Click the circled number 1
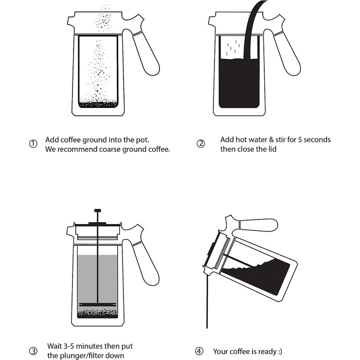pyautogui.click(x=33, y=144)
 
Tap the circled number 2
pyautogui.click(x=201, y=143)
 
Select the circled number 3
pyautogui.click(x=33, y=351)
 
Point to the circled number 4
pyautogui.click(x=199, y=351)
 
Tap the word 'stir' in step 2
pyautogui.click(x=280, y=139)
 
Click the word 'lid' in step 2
pyautogui.click(x=272, y=149)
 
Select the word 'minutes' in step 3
pyautogui.click(x=89, y=346)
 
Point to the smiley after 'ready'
pyautogui.click(x=280, y=351)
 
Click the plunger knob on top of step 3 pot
pyautogui.click(x=98, y=210)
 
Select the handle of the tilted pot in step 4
pyautogui.click(x=258, y=225)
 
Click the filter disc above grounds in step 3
pyautogui.click(x=98, y=304)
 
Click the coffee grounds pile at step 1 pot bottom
pyautogui.click(x=98, y=104)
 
